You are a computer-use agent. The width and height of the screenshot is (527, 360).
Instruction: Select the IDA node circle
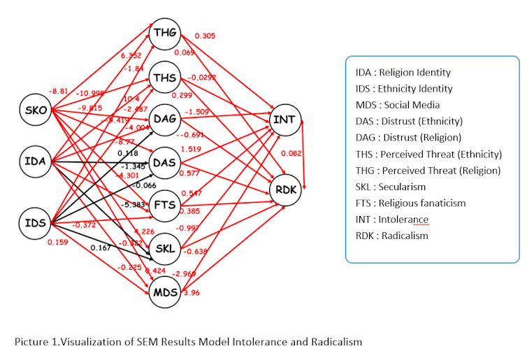pyautogui.click(x=35, y=162)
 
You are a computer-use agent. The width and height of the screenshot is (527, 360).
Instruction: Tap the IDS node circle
pyautogui.click(x=35, y=223)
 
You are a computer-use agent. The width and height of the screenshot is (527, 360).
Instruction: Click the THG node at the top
pyautogui.click(x=165, y=32)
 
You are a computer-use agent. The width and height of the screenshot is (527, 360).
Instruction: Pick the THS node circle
pyautogui.click(x=166, y=77)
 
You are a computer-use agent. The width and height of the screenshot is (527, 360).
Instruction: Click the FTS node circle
pyautogui.click(x=165, y=204)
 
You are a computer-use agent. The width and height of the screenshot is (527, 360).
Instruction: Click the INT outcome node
pyautogui.click(x=284, y=120)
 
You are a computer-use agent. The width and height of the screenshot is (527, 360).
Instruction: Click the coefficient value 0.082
pyautogui.click(x=291, y=153)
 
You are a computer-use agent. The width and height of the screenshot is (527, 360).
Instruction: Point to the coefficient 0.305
pyautogui.click(x=205, y=36)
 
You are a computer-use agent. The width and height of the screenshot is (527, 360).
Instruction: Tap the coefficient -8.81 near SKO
pyautogui.click(x=58, y=90)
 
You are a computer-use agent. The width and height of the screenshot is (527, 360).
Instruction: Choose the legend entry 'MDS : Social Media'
pyautogui.click(x=398, y=105)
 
